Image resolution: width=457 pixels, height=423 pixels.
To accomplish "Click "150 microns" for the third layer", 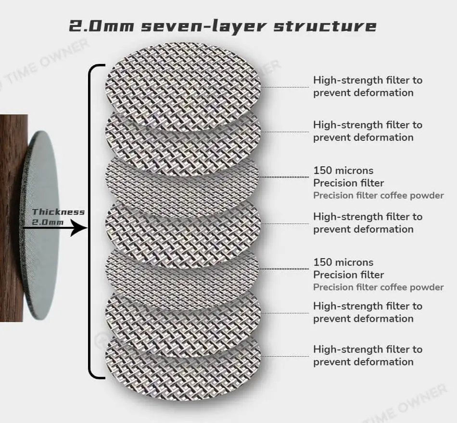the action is point(343,171).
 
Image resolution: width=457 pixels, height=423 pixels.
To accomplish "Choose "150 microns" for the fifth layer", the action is point(343,262).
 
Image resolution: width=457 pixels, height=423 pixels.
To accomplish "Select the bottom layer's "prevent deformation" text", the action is point(363,362).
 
